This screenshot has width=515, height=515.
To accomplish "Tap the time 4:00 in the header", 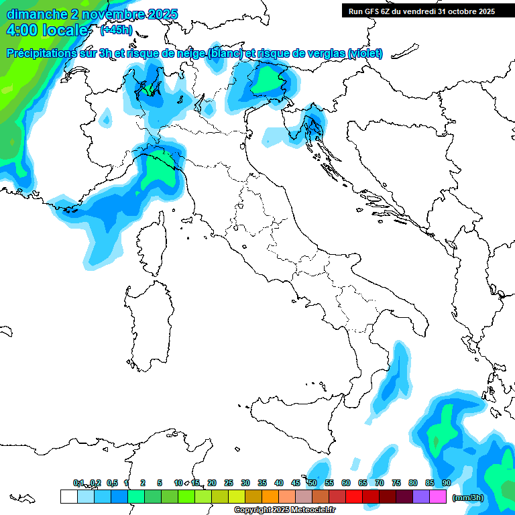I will point(22,30).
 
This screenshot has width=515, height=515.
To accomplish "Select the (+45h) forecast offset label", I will point(116,30).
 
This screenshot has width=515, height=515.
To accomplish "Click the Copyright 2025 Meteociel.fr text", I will point(284,510).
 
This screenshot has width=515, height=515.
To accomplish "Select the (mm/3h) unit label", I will point(467,498).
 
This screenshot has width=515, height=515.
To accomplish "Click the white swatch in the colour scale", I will point(68,497).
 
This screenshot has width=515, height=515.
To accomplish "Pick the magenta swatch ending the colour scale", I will point(438,497).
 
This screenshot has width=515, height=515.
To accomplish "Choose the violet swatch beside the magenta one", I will point(421,497).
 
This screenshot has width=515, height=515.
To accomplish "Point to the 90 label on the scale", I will point(446,483).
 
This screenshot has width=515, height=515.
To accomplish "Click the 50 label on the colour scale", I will point(312,483).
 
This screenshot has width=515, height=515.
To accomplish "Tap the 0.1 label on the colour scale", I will point(78,483).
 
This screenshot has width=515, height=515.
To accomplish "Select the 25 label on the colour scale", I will point(229,483).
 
